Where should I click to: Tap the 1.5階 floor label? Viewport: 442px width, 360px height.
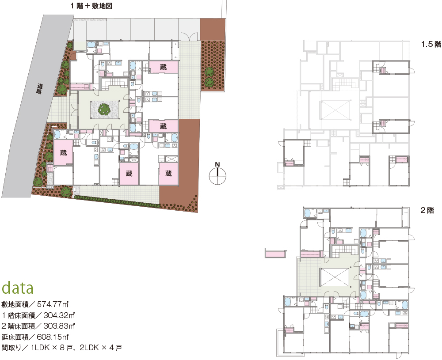431,44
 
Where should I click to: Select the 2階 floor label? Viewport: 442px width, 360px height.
427,211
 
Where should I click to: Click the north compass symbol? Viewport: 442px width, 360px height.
217,176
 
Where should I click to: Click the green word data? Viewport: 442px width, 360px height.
18,288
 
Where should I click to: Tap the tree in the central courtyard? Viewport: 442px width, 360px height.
104,109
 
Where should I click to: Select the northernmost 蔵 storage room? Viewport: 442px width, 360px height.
163,67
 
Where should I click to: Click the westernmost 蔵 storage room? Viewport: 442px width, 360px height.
63,152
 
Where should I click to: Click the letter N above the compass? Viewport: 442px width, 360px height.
217,165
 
